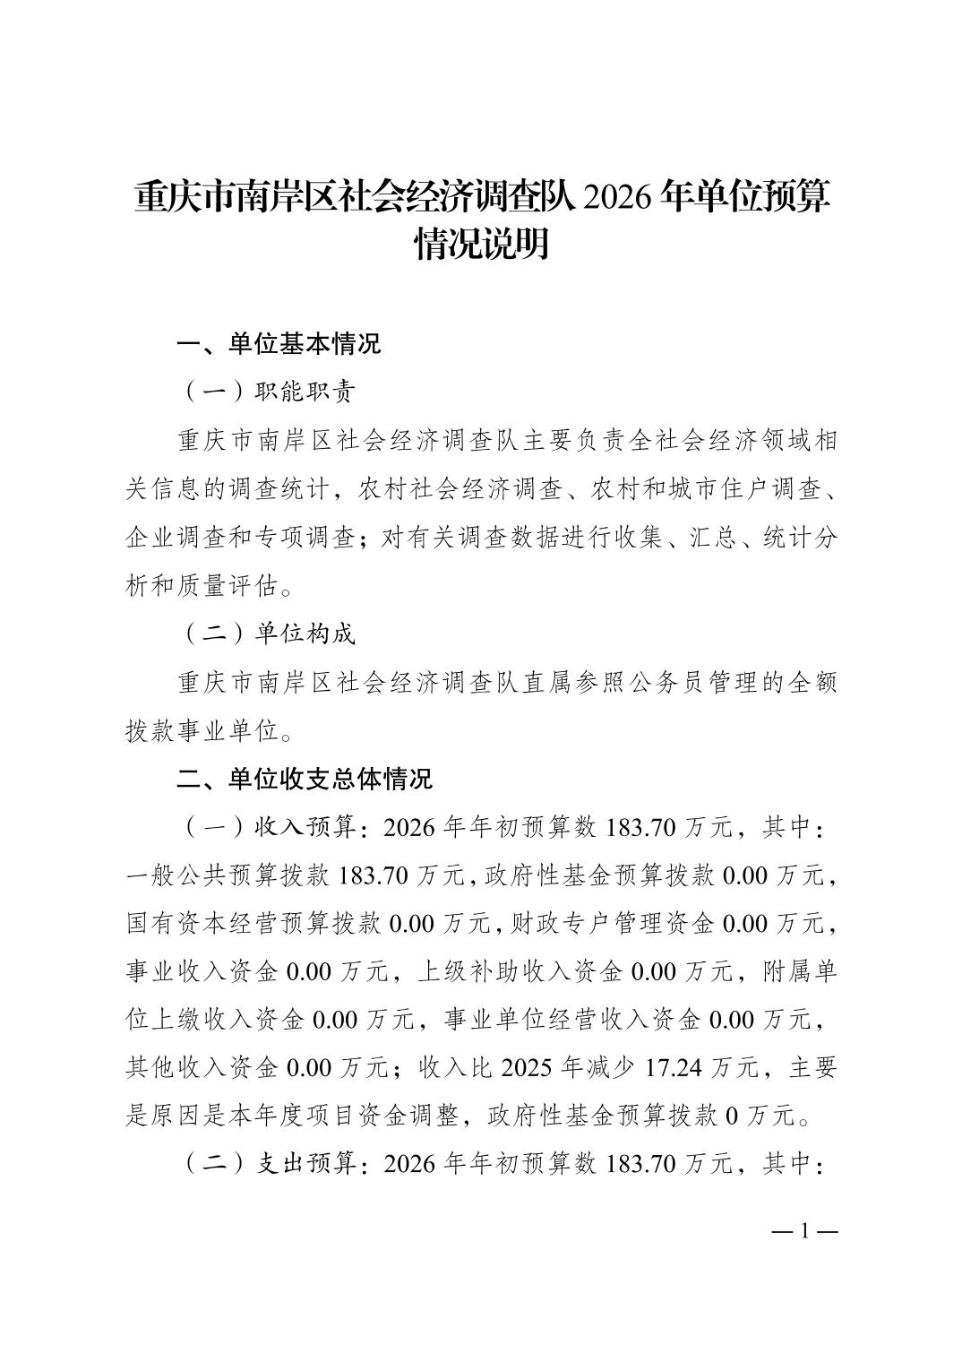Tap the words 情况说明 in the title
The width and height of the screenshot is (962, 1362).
tap(481, 243)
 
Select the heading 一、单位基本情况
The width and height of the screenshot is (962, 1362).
tap(279, 343)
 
